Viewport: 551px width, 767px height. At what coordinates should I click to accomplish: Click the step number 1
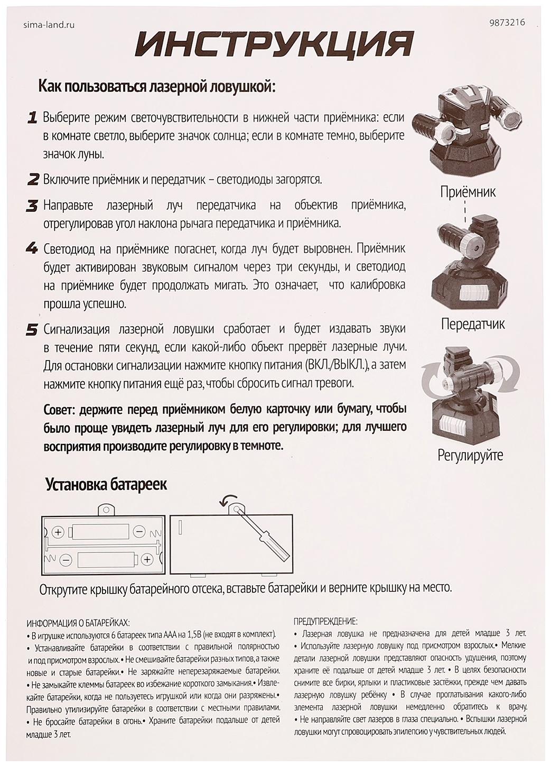pyautogui.click(x=32, y=117)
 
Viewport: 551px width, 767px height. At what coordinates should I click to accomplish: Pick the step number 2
pyautogui.click(x=33, y=179)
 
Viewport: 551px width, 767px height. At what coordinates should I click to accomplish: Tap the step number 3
pyautogui.click(x=33, y=205)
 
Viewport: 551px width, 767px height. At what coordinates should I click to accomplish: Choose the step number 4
pyautogui.click(x=32, y=248)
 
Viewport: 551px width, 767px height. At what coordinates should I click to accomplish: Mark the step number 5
pyautogui.click(x=32, y=330)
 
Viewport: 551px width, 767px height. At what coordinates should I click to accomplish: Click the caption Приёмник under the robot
pyautogui.click(x=468, y=191)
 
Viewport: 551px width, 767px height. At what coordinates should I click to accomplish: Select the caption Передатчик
pyautogui.click(x=472, y=324)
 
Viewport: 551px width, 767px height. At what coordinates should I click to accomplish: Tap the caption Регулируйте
pyautogui.click(x=470, y=455)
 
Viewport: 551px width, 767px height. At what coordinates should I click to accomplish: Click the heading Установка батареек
pyautogui.click(x=106, y=484)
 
